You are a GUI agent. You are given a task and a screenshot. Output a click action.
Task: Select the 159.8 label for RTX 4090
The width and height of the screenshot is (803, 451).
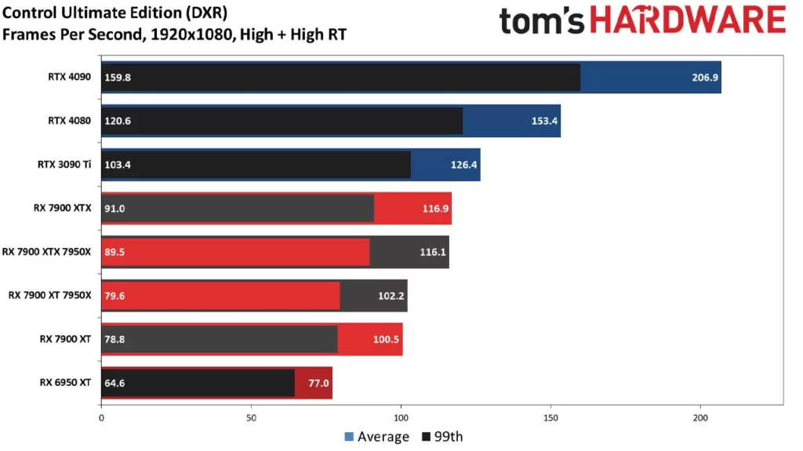[118, 78]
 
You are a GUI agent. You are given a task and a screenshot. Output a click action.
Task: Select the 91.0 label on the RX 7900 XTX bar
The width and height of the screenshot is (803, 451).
[115, 208]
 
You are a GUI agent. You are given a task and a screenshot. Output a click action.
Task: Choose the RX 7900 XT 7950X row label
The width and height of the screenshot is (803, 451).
[50, 295]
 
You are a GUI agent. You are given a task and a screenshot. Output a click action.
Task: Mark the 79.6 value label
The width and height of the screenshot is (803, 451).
[115, 296]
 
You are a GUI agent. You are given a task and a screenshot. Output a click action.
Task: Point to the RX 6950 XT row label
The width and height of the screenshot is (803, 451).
[66, 383]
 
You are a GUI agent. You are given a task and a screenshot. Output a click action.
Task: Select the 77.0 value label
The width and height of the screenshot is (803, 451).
[319, 384]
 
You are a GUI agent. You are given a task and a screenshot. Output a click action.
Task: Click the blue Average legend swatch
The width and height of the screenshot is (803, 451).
[349, 437]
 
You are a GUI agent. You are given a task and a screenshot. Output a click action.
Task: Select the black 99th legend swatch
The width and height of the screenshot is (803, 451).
[426, 437]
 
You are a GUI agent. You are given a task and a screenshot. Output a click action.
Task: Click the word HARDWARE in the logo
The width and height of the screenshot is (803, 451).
[687, 20]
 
